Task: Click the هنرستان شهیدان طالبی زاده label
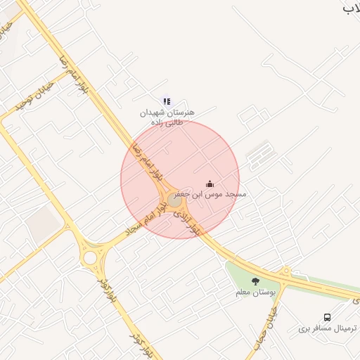(x=167, y=117)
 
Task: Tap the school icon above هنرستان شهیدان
(x=167, y=101)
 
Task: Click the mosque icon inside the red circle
(x=210, y=184)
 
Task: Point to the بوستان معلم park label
(x=257, y=292)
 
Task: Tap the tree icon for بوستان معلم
(x=255, y=282)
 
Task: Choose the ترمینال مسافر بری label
(x=328, y=328)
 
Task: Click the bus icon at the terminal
(x=327, y=318)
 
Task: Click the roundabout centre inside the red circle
(x=174, y=200)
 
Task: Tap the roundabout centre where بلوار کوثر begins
(x=89, y=257)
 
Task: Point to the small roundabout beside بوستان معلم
(x=285, y=271)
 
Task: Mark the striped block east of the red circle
(x=259, y=153)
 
